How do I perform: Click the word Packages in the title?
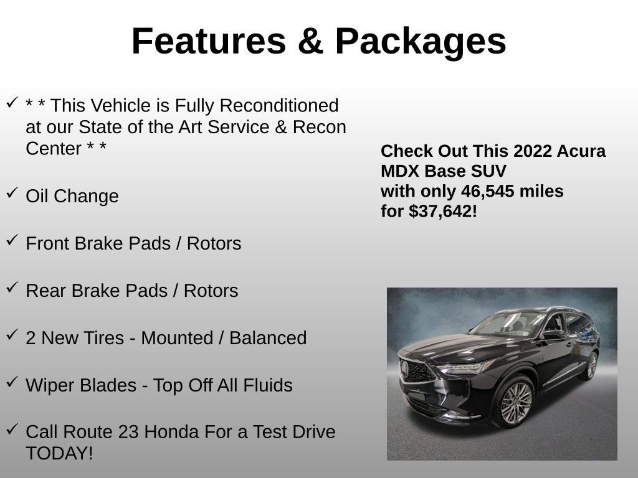421,41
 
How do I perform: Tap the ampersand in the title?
309,41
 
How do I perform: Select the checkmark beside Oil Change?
12,193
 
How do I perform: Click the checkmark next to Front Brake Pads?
12,240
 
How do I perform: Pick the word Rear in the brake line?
46,291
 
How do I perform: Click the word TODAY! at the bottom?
59,453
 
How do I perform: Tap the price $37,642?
443,211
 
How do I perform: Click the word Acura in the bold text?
582,151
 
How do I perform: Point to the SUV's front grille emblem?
406,369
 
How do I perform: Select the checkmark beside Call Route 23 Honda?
12,429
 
